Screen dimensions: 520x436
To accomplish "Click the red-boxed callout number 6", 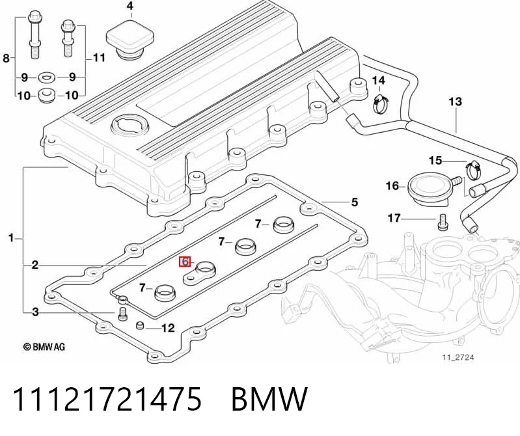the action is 185,262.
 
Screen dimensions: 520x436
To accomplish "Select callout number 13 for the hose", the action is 455,102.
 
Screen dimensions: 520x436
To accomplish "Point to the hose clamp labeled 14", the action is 380,102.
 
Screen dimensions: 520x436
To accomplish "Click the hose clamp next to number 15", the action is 473,168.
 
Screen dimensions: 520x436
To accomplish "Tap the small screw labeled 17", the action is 441,221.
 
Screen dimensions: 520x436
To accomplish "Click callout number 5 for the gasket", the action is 355,202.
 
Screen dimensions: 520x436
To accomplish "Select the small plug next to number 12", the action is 140,325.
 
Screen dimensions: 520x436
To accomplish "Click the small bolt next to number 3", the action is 123,314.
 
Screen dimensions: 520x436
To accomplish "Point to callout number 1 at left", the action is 11,238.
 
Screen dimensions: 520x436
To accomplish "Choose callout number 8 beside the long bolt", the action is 7,59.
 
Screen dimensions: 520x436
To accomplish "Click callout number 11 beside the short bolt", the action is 99,58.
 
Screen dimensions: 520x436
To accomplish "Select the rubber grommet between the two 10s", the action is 46,95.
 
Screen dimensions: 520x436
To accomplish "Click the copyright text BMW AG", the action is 44,347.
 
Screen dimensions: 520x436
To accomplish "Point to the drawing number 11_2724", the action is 458,357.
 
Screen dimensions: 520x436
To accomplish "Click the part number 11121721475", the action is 107,399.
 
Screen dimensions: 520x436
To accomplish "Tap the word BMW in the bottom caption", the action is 269,399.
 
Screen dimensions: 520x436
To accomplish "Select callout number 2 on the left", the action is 35,266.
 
